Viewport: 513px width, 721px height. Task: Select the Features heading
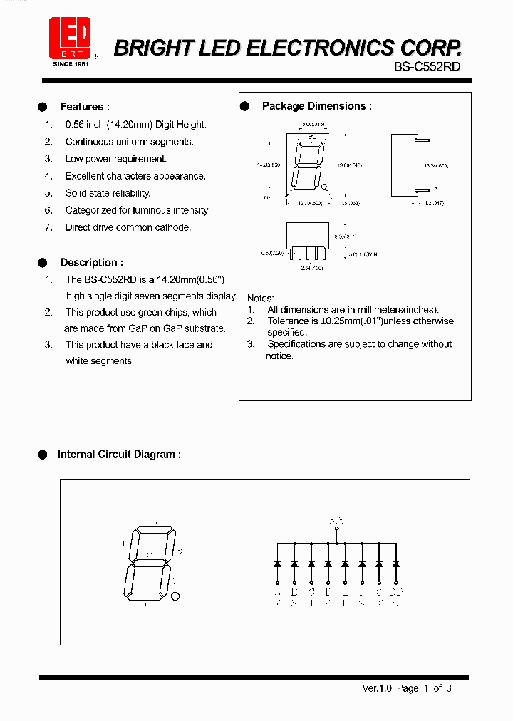coord(85,107)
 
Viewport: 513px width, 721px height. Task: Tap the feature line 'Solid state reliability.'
coord(108,193)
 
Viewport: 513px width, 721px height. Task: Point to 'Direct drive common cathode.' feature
coord(128,227)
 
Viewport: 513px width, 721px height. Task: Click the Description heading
coord(91,262)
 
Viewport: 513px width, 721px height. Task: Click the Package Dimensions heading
coord(316,106)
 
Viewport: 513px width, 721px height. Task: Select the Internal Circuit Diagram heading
coord(119,454)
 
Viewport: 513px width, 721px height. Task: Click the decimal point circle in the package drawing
coord(324,187)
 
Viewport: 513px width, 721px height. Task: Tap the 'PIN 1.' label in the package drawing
coord(269,197)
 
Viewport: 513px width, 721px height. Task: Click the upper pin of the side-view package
coord(422,150)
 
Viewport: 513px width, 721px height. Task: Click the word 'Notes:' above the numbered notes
coord(260,298)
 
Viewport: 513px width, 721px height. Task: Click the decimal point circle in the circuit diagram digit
coord(177,597)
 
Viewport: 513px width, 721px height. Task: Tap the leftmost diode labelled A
coord(277,564)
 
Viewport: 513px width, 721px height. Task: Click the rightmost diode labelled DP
coord(396,564)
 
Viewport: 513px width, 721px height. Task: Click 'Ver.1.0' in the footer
coord(378,688)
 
